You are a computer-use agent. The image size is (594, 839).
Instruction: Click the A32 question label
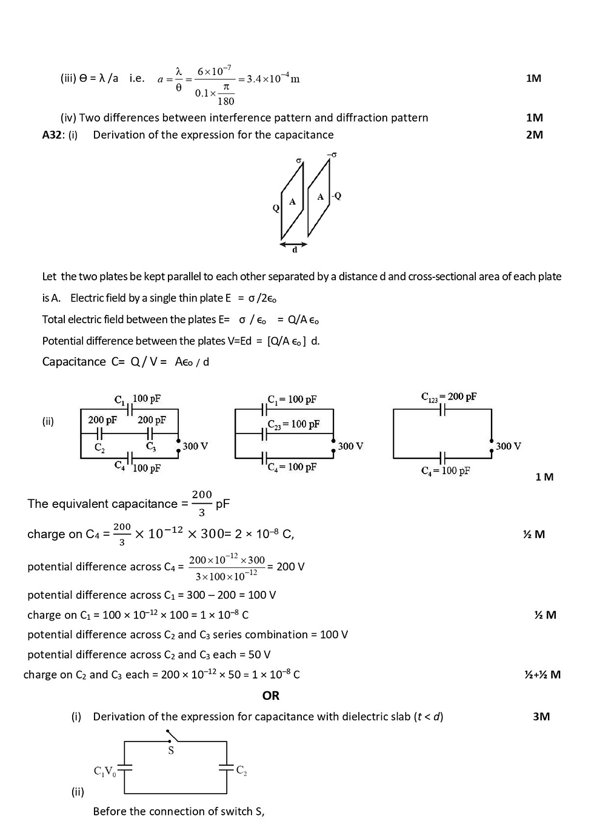52,135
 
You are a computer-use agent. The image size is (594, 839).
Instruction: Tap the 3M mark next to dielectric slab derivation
541,717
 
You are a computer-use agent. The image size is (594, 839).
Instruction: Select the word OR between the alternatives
271,696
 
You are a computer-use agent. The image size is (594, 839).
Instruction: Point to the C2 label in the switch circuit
241,771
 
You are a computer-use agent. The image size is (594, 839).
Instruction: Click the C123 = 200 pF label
449,397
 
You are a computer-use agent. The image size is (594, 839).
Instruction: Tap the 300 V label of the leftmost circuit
195,446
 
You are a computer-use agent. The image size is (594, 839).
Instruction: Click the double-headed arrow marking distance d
294,245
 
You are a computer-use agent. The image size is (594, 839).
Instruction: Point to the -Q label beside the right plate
336,196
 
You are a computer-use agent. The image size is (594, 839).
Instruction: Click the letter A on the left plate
292,202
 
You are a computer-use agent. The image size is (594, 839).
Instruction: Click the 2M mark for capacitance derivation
535,135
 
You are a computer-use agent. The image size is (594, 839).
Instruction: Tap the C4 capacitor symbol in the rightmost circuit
442,458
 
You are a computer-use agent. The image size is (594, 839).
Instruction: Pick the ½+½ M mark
542,675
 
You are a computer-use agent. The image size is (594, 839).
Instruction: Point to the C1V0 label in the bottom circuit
105,771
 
